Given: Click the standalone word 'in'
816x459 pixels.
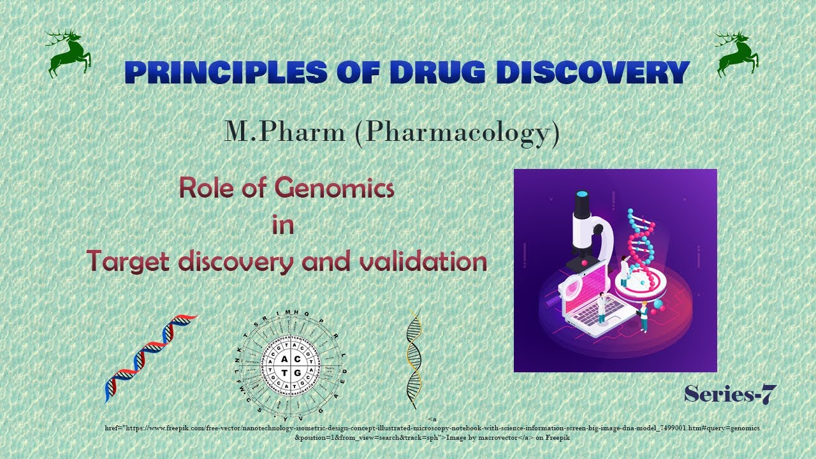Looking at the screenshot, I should pos(283,225).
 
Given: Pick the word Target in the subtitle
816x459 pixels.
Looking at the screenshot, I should pos(129,261).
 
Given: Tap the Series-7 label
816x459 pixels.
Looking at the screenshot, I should pos(731,395).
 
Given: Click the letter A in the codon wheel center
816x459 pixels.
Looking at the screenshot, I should pos(284,360).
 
